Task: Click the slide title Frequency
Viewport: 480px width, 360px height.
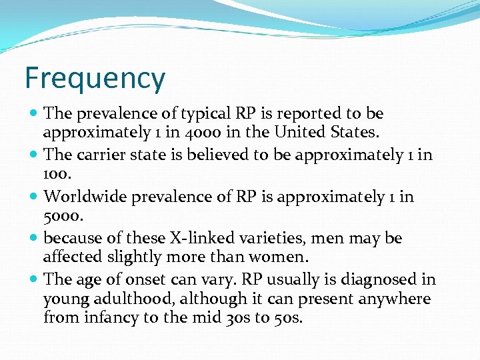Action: (x=95, y=78)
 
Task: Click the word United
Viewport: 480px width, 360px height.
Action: (x=300, y=133)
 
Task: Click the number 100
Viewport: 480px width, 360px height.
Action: (x=55, y=174)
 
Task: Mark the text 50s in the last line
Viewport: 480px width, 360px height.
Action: (x=288, y=318)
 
